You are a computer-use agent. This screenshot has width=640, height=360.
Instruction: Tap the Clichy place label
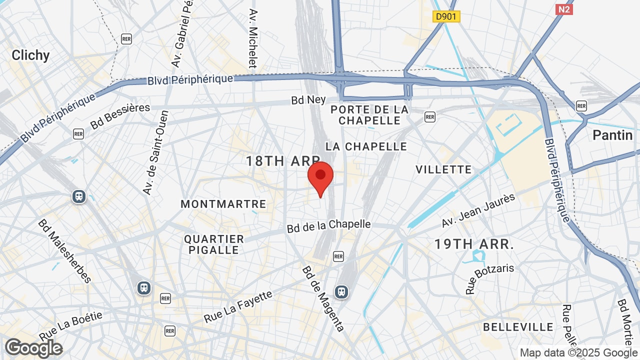(x=30, y=55)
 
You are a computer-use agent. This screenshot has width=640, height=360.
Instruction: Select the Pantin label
(x=612, y=135)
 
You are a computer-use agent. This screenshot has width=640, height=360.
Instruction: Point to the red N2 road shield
(x=564, y=9)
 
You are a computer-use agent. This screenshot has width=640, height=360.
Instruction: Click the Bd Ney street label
(x=308, y=100)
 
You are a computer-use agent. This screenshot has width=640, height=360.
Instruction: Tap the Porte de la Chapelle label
(x=369, y=115)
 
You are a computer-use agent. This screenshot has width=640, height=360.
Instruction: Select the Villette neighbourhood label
(x=443, y=169)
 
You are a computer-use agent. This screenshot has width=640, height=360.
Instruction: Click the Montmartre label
(x=223, y=204)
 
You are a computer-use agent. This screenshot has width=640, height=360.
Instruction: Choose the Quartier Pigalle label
(x=214, y=244)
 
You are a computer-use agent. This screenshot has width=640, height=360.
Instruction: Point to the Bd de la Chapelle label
(x=328, y=226)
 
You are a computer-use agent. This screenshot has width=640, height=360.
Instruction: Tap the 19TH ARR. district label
(x=474, y=244)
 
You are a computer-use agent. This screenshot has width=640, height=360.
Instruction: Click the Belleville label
(x=518, y=327)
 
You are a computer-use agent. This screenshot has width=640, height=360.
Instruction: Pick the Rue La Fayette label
(x=238, y=306)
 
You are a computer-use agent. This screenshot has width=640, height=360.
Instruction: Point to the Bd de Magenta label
(x=322, y=298)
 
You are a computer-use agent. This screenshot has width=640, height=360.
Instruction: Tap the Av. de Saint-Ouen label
(x=155, y=152)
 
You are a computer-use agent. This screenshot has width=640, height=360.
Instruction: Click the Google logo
(x=33, y=347)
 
